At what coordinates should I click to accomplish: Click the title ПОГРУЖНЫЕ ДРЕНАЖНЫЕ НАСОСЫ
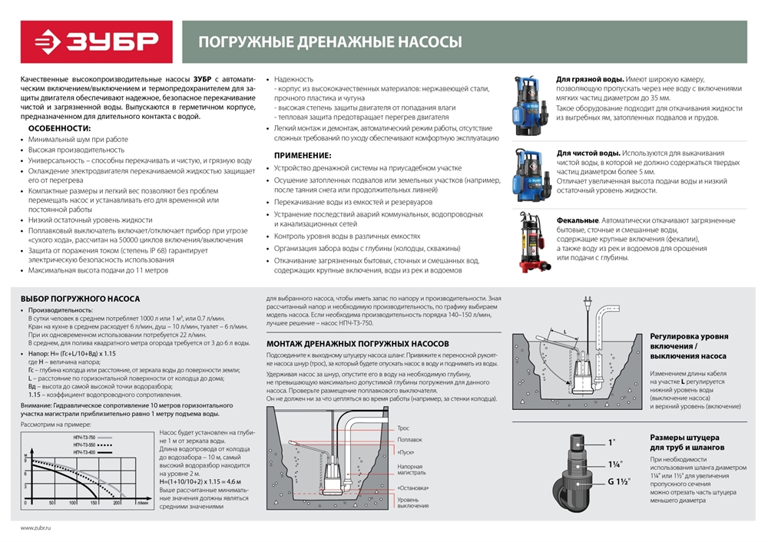330,42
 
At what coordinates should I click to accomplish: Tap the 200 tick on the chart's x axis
117,504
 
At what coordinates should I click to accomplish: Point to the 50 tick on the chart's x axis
51,504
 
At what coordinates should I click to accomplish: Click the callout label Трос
403,428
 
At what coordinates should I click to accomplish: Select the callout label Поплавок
409,440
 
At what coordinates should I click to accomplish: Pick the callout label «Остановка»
413,487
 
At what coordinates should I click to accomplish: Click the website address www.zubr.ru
38,527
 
